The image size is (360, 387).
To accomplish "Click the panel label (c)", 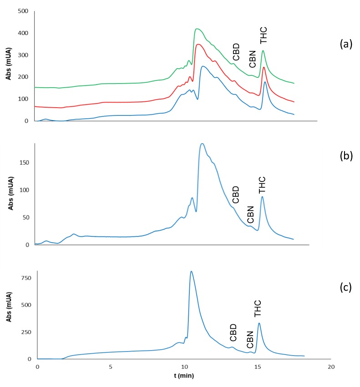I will coord(345,288).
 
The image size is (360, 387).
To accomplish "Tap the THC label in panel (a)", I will coord(264,35).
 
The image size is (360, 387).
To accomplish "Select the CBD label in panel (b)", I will coord(235,195).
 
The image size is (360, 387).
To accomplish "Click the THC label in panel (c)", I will coord(258,308).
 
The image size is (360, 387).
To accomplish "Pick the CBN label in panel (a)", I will coord(253,59).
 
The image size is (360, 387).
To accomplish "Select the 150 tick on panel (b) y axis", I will coord(25,162).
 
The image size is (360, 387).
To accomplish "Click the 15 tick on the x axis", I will coord(258,367).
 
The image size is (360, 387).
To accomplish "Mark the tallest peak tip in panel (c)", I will coord(191,271).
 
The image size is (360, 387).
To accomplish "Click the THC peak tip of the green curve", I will coord(263,51).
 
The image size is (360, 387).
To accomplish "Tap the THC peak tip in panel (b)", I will coord(262,196).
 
